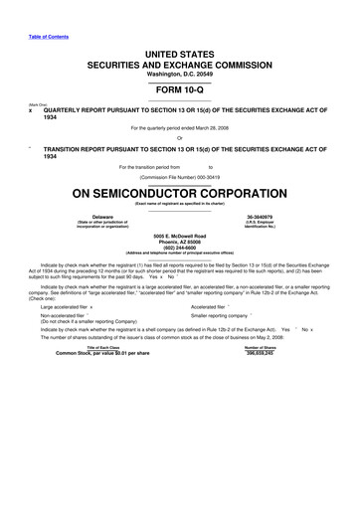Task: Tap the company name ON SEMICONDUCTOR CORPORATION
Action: [180, 192]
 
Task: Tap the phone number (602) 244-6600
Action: [180, 246]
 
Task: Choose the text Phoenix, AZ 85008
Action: [180, 240]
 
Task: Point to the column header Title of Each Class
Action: [103, 346]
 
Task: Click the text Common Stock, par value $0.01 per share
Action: [103, 352]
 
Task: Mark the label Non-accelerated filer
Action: [61, 314]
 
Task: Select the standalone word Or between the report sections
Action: [180, 137]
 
